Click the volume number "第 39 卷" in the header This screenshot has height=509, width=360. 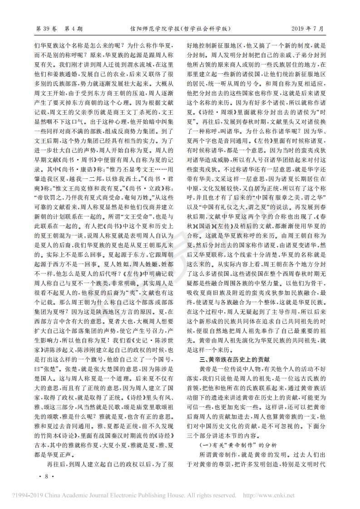pyautogui.click(x=47, y=29)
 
